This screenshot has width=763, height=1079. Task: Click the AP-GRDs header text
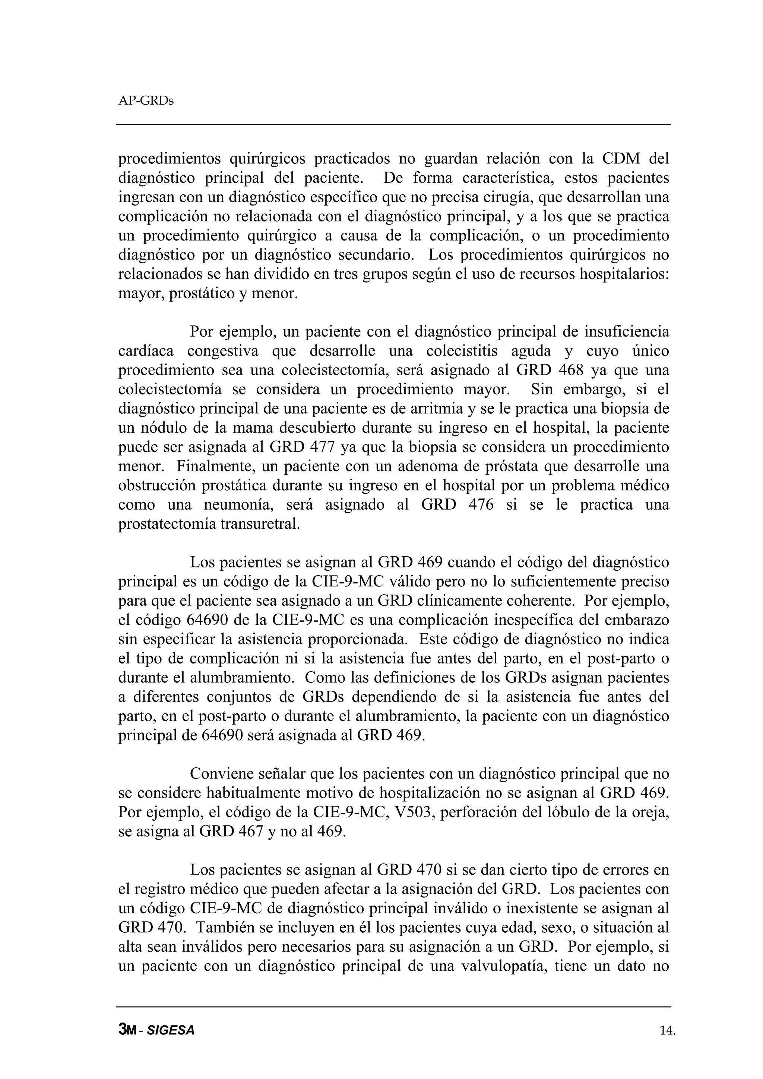tap(146, 101)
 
